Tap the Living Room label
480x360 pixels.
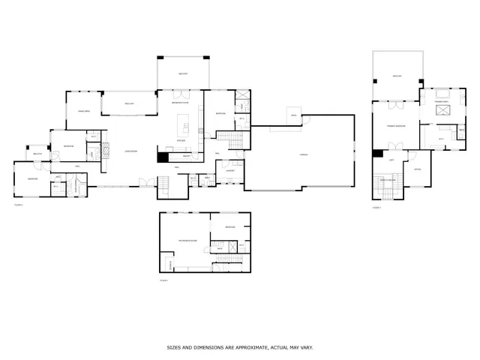[130, 151]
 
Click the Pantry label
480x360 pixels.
[185, 156]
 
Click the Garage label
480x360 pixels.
[304, 154]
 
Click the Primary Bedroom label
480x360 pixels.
[396, 126]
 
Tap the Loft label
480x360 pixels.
[392, 160]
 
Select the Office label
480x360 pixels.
[418, 169]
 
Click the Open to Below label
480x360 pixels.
[388, 181]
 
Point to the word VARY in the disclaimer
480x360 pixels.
[305, 348]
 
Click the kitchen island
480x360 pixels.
[182, 124]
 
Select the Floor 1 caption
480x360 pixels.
[164, 280]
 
